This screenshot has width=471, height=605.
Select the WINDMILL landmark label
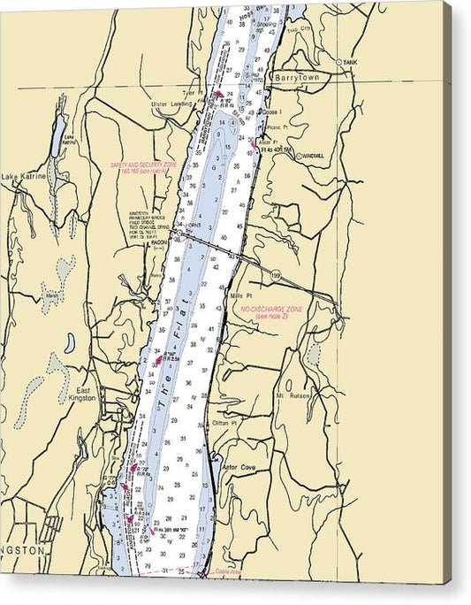click(x=311, y=156)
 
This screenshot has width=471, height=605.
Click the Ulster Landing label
click(x=171, y=103)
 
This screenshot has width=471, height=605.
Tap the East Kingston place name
click(x=84, y=394)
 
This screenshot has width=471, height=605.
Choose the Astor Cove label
click(x=238, y=467)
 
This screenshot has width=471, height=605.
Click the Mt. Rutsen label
click(x=293, y=395)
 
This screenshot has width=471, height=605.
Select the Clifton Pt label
click(x=225, y=423)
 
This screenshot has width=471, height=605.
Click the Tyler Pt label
click(x=188, y=91)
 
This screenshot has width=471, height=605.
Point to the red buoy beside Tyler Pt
click(x=218, y=94)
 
